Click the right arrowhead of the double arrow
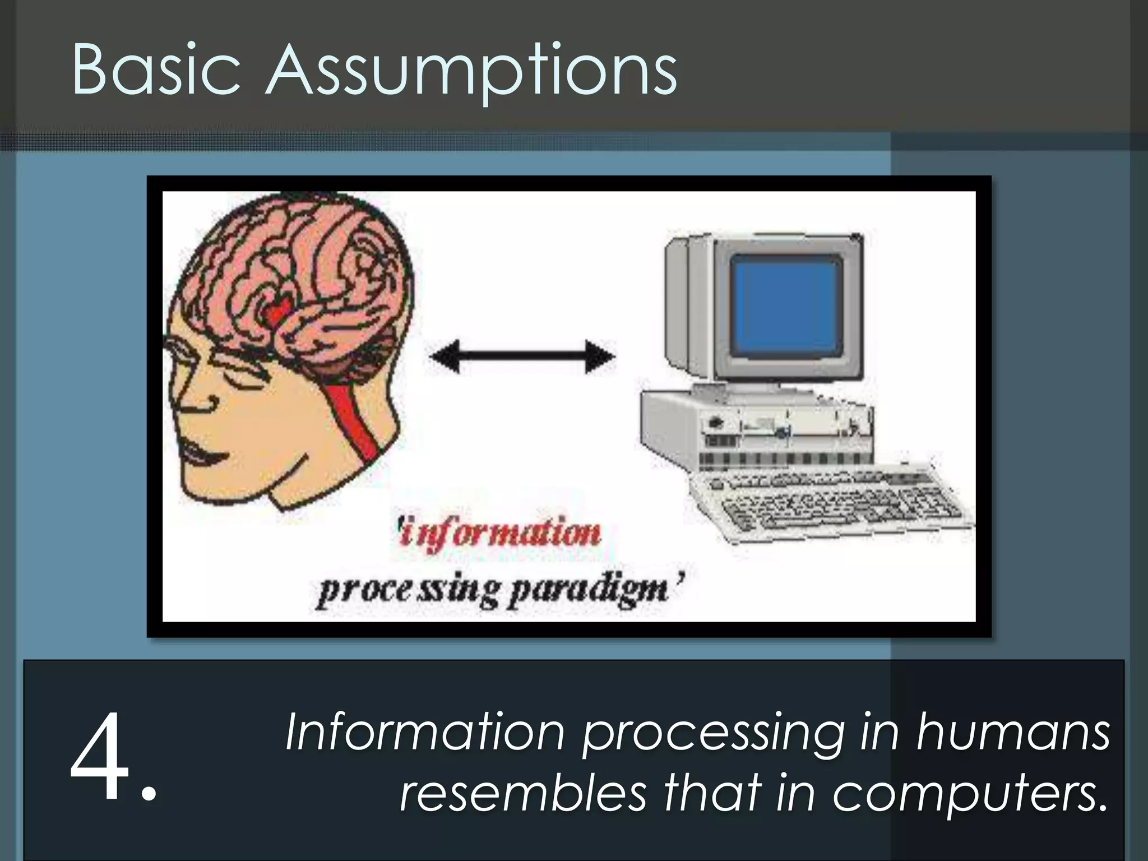[x=600, y=356]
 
